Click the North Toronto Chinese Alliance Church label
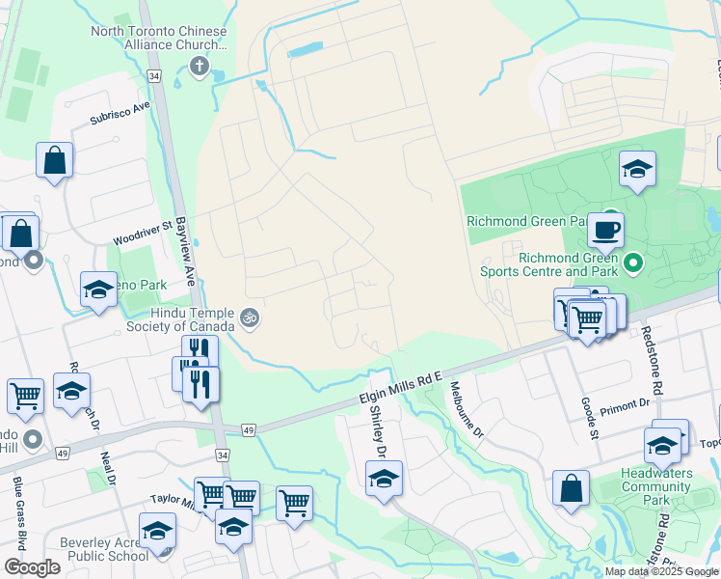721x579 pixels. click(x=159, y=38)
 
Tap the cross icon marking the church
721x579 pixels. click(x=200, y=66)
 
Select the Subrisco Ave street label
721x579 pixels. click(x=120, y=113)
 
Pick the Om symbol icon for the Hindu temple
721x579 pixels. click(x=250, y=317)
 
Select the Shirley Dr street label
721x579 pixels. click(x=378, y=430)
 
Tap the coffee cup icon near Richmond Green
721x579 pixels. click(x=605, y=230)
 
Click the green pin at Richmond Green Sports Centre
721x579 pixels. click(x=632, y=262)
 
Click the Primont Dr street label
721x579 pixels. click(x=625, y=404)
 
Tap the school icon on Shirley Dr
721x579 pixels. click(x=384, y=478)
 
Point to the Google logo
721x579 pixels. click(x=32, y=567)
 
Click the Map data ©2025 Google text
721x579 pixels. click(x=660, y=571)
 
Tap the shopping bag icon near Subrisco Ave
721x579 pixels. click(x=55, y=160)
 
